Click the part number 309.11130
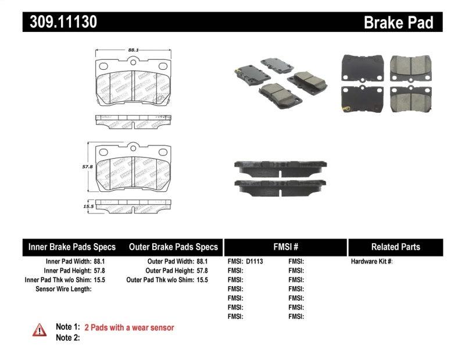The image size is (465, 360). point(60,22)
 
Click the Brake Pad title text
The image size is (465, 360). point(399,23)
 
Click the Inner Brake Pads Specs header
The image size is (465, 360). point(72,247)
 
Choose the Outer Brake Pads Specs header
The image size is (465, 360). point(173,247)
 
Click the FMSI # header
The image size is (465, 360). point(285,247)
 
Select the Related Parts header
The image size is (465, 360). point(395,247)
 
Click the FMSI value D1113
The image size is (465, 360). point(255,262)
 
